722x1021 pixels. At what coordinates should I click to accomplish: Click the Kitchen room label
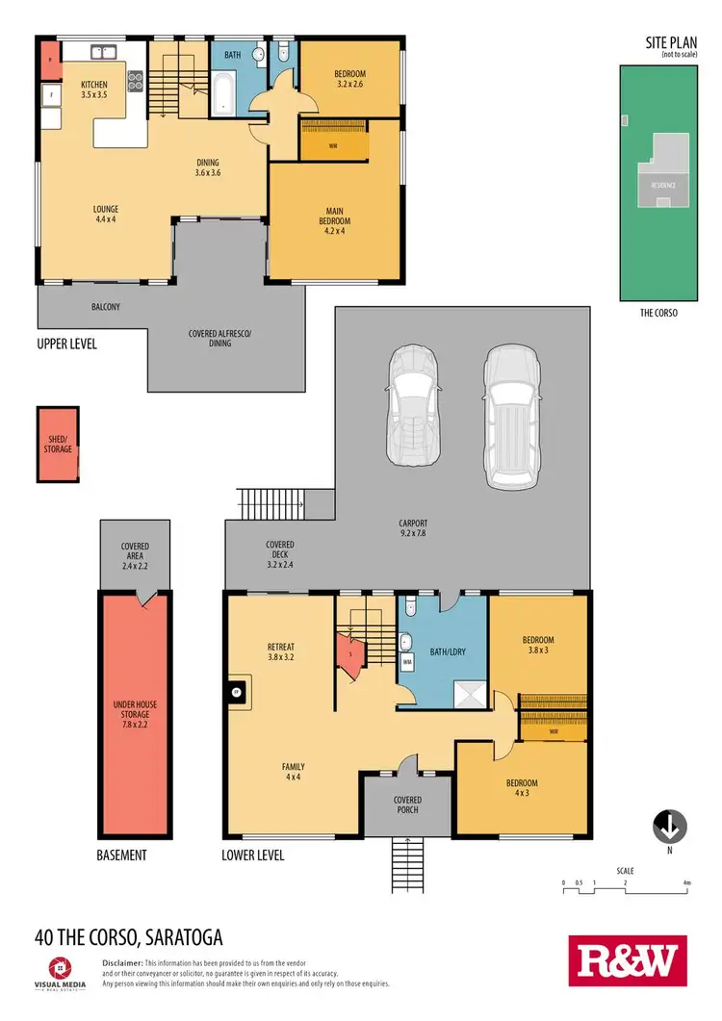(94, 90)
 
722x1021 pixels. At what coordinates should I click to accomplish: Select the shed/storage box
(58, 444)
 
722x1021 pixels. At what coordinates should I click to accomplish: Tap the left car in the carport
(412, 405)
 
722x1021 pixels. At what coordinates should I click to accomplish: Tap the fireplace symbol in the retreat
(234, 690)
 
